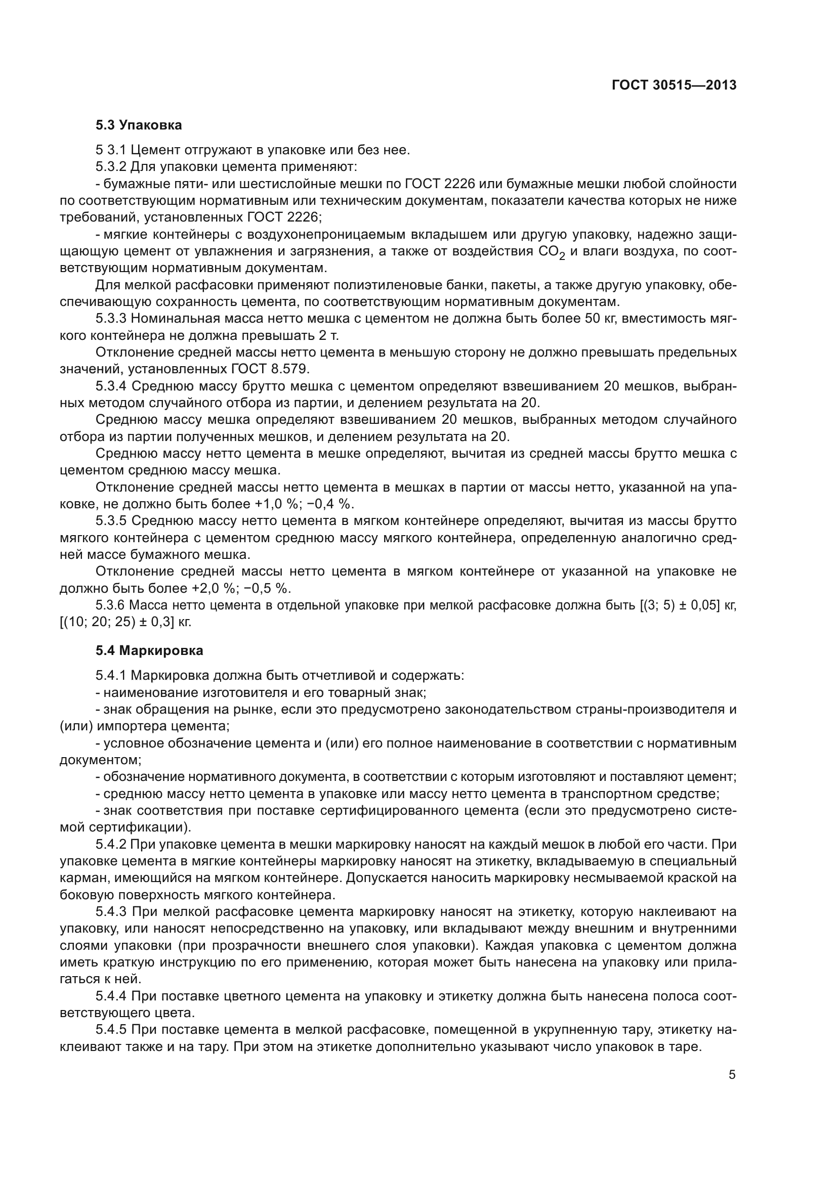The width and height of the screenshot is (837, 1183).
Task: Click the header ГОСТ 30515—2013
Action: tap(674, 85)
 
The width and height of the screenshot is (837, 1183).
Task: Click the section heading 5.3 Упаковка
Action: tap(139, 125)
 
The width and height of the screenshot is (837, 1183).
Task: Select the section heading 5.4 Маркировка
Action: tap(149, 651)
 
